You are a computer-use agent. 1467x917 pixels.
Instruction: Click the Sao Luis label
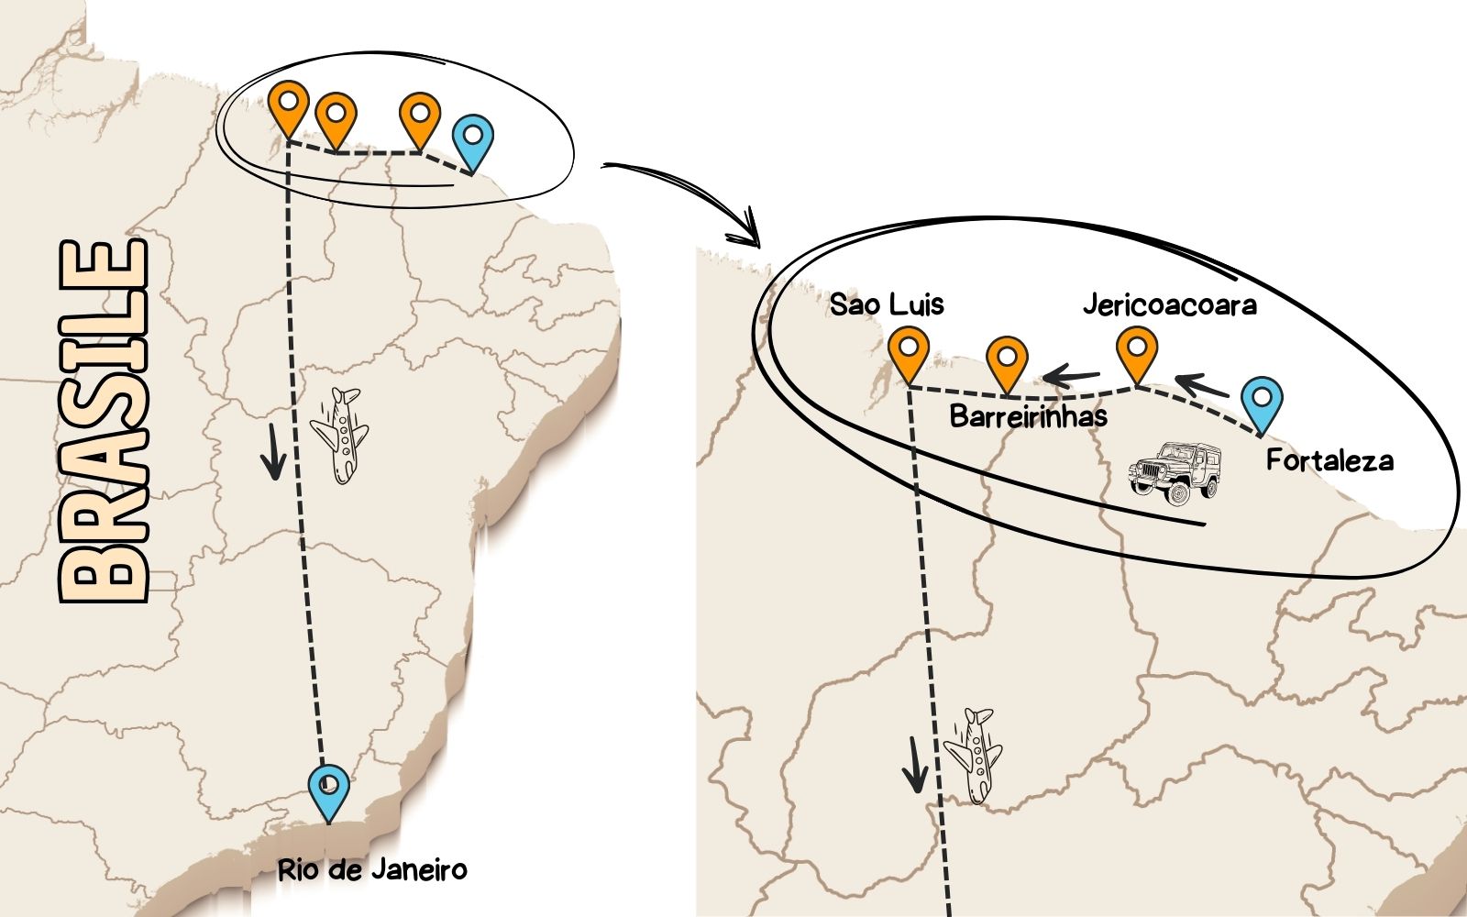[887, 305]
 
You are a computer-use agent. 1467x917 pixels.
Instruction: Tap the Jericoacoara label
[1170, 305]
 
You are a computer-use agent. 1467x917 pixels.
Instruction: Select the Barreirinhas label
[1028, 416]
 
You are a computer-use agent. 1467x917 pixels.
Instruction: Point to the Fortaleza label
[1329, 460]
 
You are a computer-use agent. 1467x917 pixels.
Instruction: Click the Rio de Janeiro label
[372, 870]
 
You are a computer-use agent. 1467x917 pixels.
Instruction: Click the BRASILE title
[104, 421]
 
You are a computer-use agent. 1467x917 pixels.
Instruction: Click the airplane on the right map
[974, 756]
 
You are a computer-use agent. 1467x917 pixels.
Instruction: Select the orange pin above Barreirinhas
[1008, 366]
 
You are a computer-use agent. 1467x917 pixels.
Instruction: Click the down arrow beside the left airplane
[273, 452]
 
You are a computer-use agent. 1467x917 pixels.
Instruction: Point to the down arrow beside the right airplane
[915, 765]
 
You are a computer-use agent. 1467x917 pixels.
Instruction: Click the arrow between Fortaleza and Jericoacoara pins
[1201, 384]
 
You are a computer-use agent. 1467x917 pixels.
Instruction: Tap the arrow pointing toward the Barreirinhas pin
[1071, 375]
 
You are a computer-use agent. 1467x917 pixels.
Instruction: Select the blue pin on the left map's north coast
[473, 144]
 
